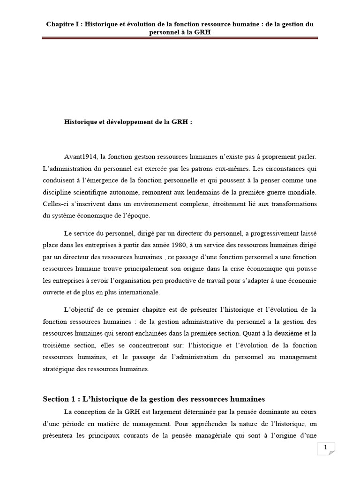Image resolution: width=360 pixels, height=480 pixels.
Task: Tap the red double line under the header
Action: [180, 38]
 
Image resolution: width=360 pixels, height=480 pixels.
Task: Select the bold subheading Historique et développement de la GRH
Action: [128, 121]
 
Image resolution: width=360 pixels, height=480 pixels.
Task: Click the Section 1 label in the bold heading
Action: [59, 399]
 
